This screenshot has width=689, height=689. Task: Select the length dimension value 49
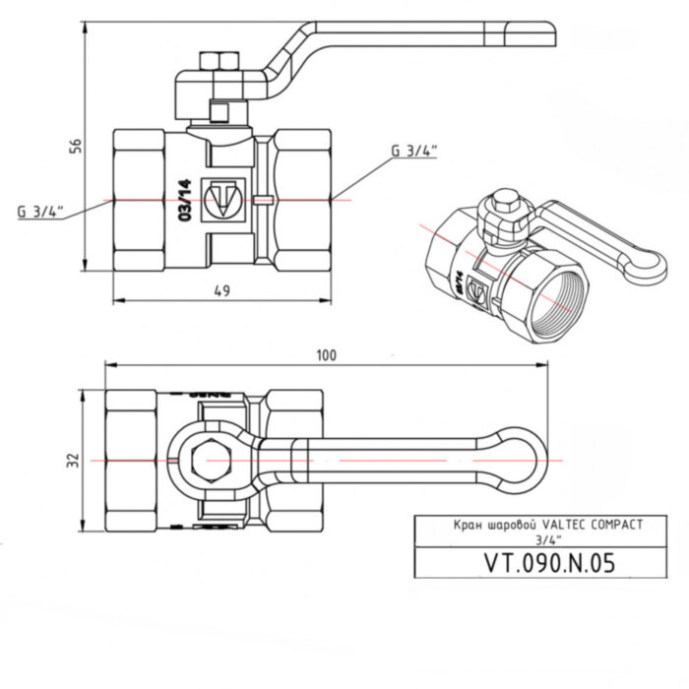[221, 289]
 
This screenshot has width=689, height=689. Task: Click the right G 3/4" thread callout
[413, 151]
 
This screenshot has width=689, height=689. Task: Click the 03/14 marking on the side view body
[182, 202]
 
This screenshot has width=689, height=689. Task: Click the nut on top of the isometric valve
[502, 208]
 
